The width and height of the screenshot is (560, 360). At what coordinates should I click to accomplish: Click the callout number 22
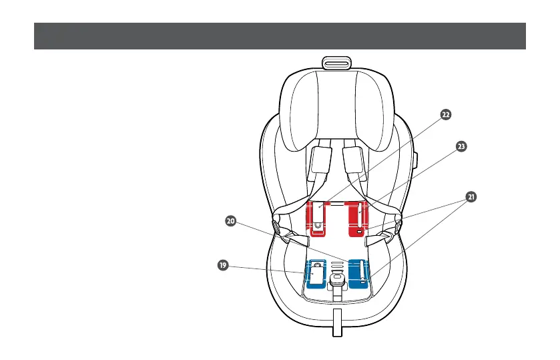click(445, 114)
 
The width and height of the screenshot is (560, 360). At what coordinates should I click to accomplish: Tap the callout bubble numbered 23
click(460, 146)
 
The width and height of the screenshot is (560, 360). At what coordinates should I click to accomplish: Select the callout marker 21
click(471, 197)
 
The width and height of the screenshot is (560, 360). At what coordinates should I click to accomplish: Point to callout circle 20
click(230, 221)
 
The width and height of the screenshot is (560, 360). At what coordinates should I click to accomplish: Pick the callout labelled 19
click(222, 265)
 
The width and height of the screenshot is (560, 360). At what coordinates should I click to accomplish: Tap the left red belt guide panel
click(319, 217)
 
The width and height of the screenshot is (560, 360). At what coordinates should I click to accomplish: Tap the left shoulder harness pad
click(319, 162)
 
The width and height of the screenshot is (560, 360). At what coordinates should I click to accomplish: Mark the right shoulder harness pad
click(354, 162)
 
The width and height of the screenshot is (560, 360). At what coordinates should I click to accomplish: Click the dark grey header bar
click(280, 36)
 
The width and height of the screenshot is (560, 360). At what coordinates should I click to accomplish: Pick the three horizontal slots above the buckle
click(337, 266)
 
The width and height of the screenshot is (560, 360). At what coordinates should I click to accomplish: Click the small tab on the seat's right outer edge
click(415, 160)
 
